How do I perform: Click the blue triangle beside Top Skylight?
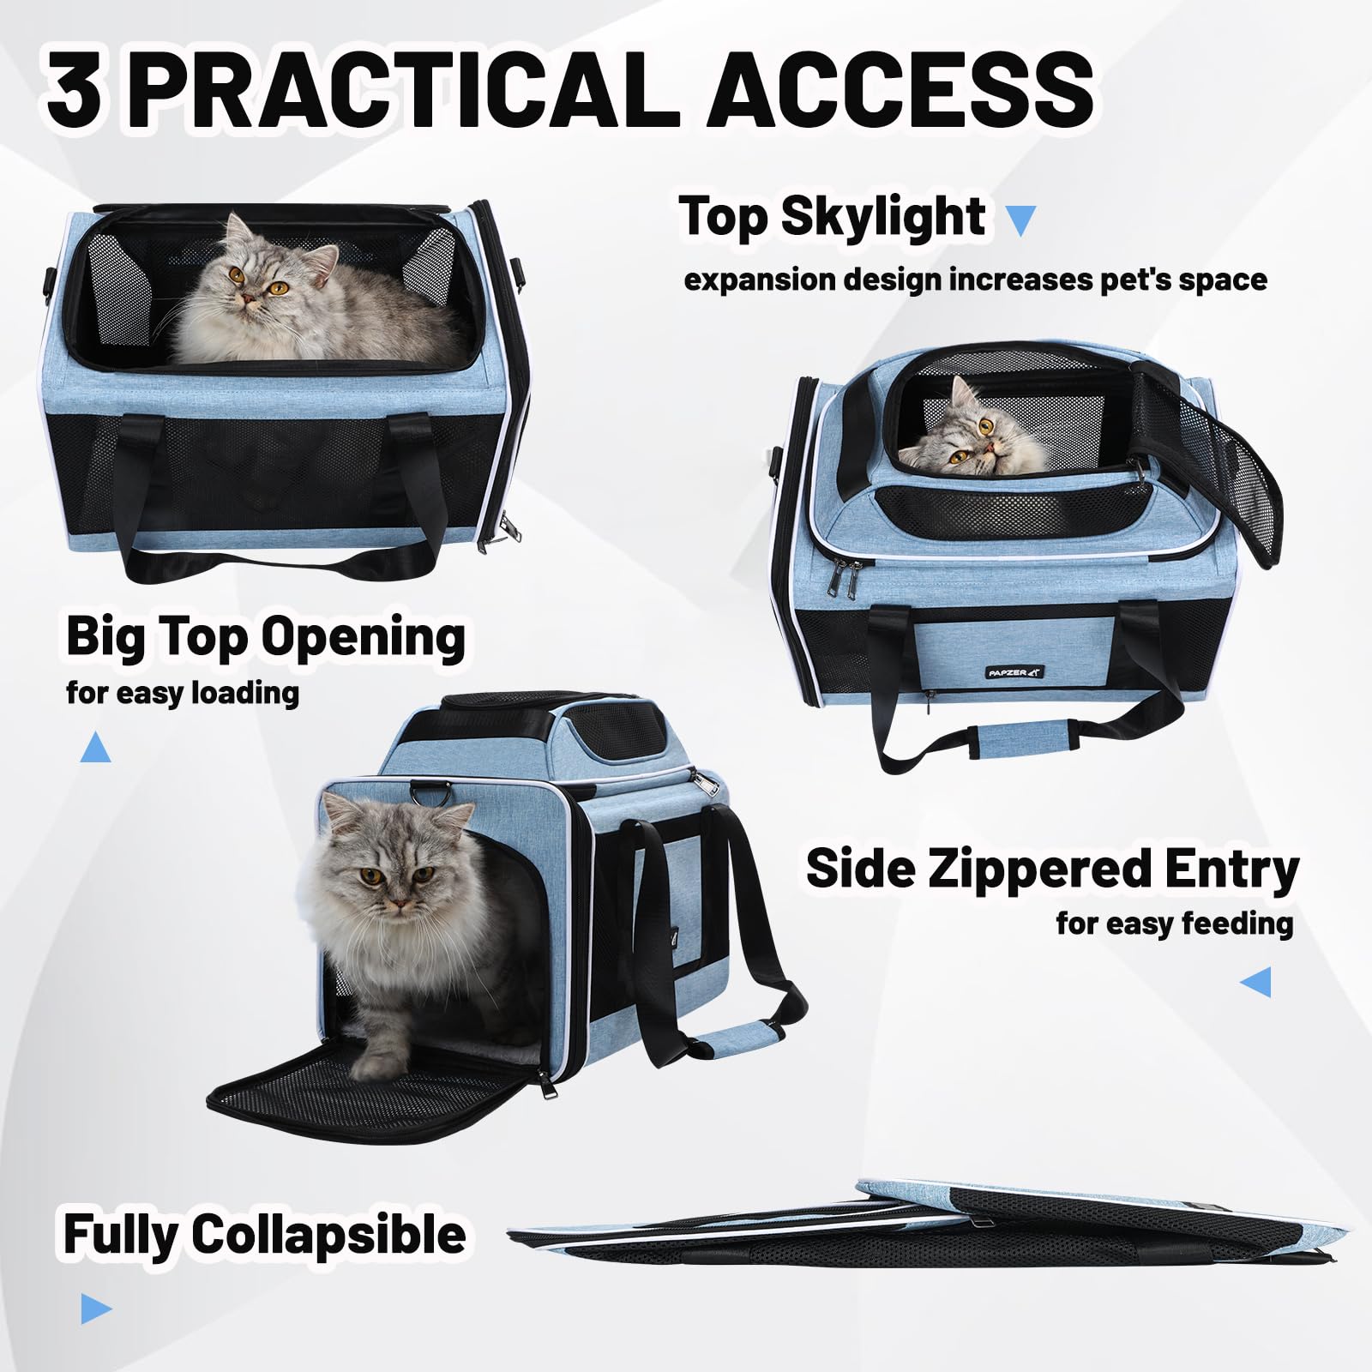1020,221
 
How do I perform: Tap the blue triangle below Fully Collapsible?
95,1309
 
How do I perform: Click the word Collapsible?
328,1235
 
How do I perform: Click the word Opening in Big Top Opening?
362,638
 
